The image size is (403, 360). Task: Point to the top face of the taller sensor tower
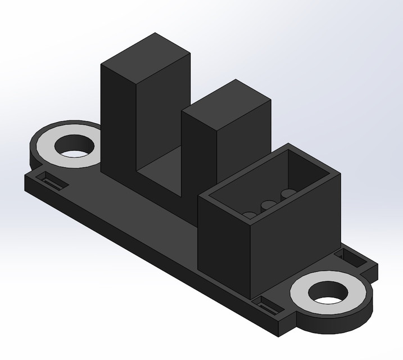146,52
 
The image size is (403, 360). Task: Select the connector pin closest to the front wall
250,214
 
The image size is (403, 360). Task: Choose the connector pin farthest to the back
288,193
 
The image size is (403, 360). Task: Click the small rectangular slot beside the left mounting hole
49,181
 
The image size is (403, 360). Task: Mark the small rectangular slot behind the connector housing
350,258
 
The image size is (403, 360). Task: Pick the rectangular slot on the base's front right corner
269,306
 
